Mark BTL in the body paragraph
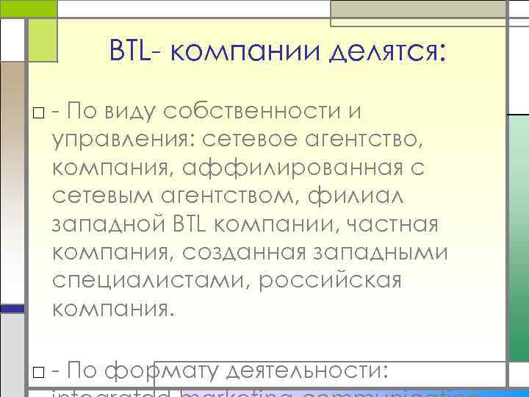click(195, 222)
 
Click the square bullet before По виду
click(37, 112)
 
